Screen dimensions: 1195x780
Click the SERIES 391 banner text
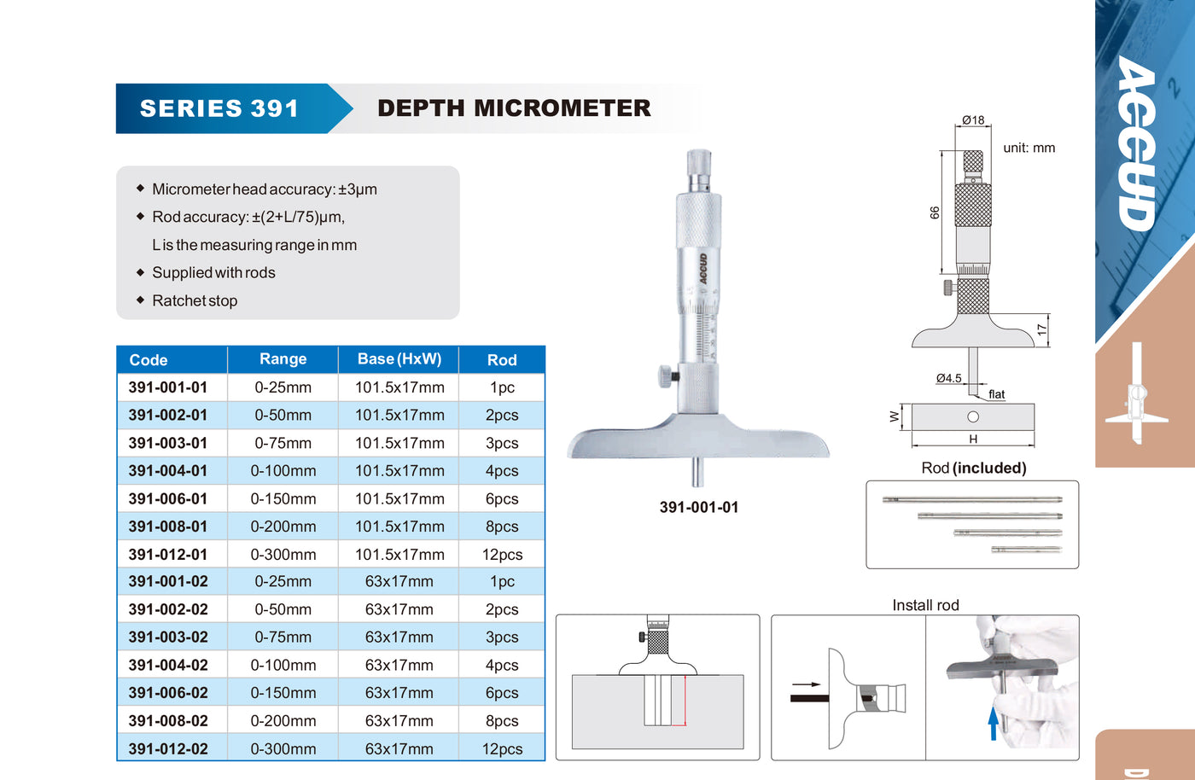[x=219, y=108]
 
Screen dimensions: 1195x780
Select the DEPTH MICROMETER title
[x=514, y=108]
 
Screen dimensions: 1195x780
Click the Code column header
[x=149, y=360]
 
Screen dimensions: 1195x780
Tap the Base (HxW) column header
[x=399, y=359]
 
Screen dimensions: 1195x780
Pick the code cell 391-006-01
[x=168, y=499]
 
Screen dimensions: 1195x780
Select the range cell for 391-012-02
[x=283, y=748]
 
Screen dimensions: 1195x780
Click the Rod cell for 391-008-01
[x=502, y=527]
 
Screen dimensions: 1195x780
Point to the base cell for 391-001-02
[x=399, y=581]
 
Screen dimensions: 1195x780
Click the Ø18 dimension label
[x=973, y=120]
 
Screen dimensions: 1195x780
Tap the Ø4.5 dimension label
[x=948, y=378]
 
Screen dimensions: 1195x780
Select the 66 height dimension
[x=935, y=212]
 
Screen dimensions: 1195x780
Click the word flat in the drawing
[x=997, y=394]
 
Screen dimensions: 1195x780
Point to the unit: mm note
[x=1029, y=148]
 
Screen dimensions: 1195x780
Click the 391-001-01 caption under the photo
[x=699, y=507]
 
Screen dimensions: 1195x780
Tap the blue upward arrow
[x=993, y=723]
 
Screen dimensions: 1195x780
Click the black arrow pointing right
[x=806, y=684]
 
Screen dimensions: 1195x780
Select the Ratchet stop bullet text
[x=195, y=301]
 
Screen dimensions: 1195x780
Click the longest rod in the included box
[x=972, y=500]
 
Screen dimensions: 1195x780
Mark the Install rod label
[x=925, y=605]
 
